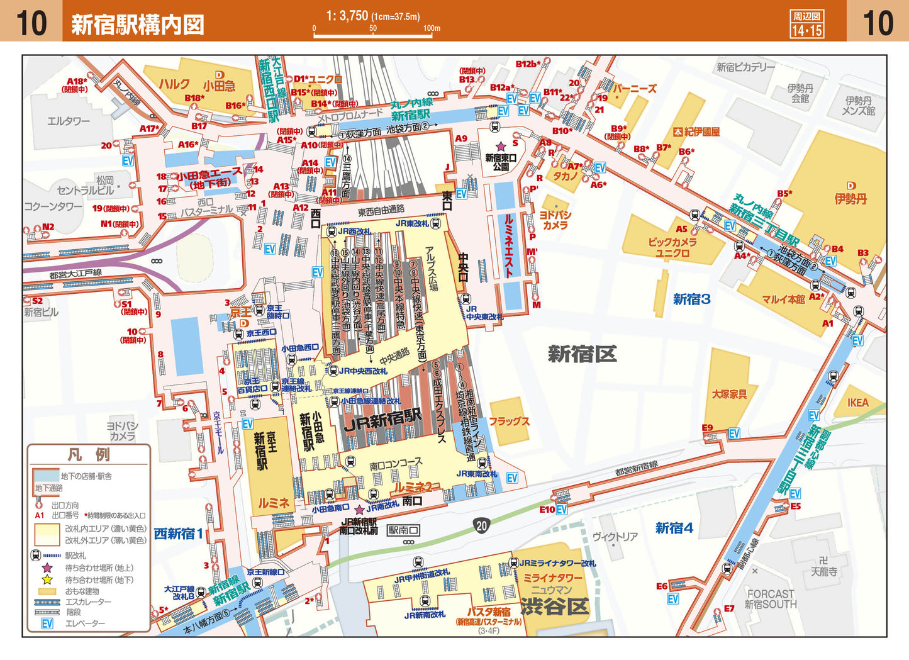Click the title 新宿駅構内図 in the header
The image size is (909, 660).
pos(137,25)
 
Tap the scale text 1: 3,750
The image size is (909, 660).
pos(347,16)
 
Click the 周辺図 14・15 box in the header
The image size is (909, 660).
pos(806,24)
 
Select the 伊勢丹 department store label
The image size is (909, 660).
pos(850,199)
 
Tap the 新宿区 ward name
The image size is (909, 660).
pos(582,354)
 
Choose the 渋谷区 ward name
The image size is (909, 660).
pos(554,607)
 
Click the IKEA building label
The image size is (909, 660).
pos(857,403)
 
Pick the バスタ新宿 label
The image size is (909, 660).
pos(488,612)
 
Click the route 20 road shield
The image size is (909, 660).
pos(481,525)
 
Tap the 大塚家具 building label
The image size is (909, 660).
pos(729,394)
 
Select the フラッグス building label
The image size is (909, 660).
pos(509,422)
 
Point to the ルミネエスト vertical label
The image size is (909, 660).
pos(509,246)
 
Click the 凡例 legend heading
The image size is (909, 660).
pos(89,454)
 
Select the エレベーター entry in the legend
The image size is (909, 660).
pos(85,624)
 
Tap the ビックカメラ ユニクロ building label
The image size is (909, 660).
pos(672,247)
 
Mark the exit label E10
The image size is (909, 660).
pos(547,510)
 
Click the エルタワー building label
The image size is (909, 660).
pos(69,121)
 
